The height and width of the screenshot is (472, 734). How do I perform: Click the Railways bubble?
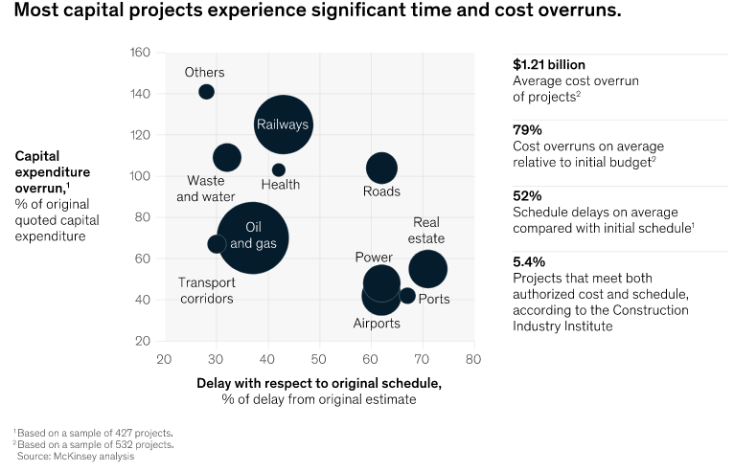click(284, 124)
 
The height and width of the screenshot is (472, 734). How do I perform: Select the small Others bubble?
click(206, 92)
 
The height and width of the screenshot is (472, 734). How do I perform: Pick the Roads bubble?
click(381, 169)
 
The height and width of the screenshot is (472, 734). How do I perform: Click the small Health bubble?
click(279, 169)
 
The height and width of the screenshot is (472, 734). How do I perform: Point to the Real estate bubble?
click(427, 269)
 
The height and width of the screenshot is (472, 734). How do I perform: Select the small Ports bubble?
click(407, 296)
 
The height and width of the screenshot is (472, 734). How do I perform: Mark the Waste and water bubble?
click(227, 157)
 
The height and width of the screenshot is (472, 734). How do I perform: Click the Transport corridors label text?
click(206, 290)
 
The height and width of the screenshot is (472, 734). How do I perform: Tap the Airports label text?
click(377, 324)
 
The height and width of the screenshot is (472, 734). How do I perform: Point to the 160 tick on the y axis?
click(140, 52)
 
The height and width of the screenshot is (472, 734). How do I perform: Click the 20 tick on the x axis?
click(164, 360)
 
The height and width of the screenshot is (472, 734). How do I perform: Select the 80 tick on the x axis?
click(471, 360)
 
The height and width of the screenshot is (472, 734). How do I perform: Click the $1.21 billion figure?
click(554, 65)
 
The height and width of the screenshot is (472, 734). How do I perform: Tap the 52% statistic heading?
click(528, 196)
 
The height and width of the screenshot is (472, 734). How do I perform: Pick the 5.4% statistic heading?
click(531, 261)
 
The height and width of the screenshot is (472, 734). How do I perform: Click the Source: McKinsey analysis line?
click(77, 457)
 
